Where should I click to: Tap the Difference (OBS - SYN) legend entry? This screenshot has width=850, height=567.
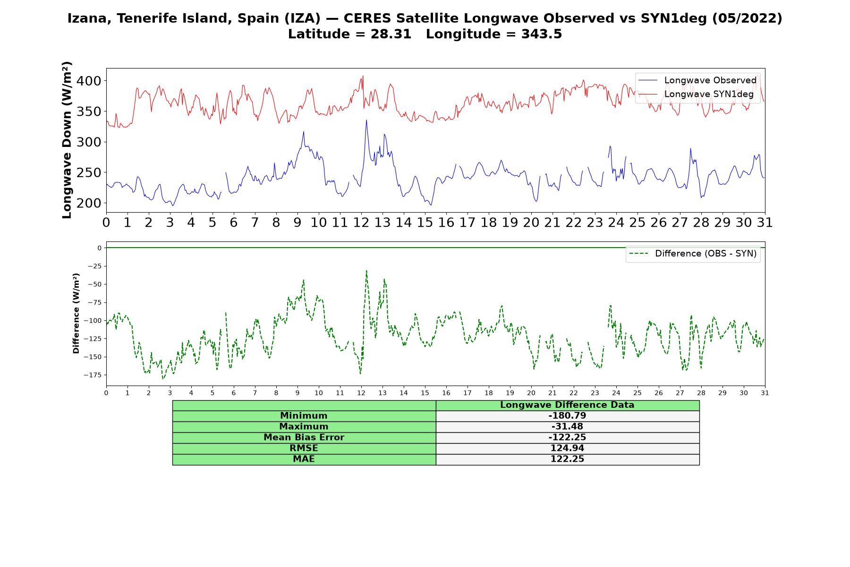[693, 254]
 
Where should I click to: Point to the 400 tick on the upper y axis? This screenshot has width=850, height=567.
[89, 81]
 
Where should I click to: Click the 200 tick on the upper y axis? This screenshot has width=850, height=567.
[89, 203]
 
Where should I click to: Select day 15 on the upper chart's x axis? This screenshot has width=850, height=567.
[425, 222]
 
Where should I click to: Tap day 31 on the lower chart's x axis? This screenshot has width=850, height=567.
[765, 393]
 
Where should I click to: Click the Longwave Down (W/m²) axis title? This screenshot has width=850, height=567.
[67, 140]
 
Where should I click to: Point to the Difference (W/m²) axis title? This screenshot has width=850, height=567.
[76, 313]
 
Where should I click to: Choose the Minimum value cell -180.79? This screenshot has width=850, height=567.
[567, 416]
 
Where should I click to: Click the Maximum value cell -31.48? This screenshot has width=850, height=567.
[567, 427]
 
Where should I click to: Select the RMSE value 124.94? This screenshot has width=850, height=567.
[567, 448]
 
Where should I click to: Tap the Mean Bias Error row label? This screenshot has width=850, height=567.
[304, 438]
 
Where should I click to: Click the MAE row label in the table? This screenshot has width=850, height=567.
[304, 459]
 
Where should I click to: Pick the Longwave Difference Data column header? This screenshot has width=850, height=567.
[567, 405]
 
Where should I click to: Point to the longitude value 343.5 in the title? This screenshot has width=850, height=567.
[542, 34]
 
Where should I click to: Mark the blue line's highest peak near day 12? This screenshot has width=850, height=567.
[366, 120]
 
